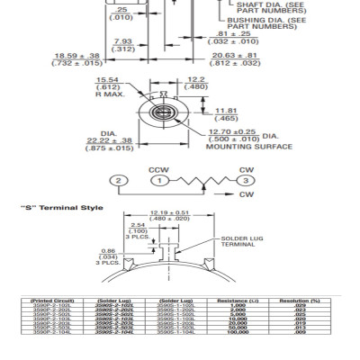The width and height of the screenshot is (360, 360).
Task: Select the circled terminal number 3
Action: pyautogui.click(x=242, y=181)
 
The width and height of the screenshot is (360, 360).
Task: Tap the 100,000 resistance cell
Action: pyautogui.click(x=238, y=332)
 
